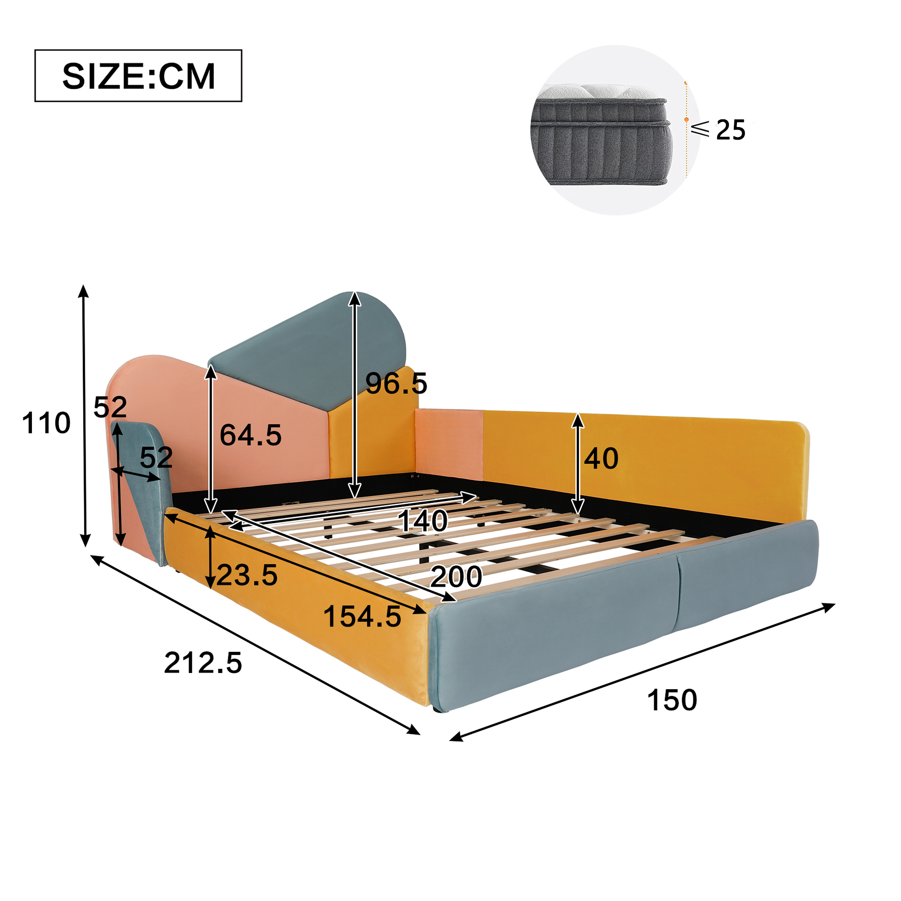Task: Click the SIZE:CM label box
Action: point(138,76)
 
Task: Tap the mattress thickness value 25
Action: point(730,130)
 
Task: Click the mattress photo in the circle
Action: point(601,134)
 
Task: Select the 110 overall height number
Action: point(46,423)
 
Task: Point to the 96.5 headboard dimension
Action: point(396,383)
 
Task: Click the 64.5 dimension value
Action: point(250,435)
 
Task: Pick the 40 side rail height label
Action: point(601,459)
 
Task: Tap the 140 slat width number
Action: point(423,520)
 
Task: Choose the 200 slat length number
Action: point(456,577)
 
